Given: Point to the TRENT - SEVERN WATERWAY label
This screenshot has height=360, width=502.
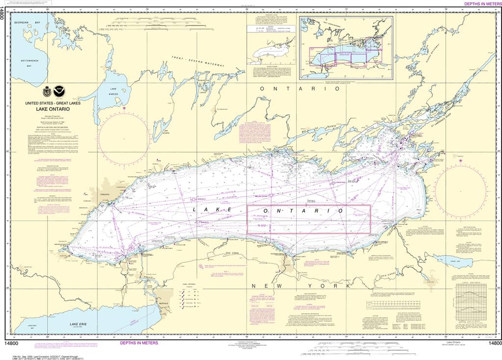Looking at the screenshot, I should (198, 62).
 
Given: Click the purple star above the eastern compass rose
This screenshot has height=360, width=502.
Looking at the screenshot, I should (460, 159).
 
